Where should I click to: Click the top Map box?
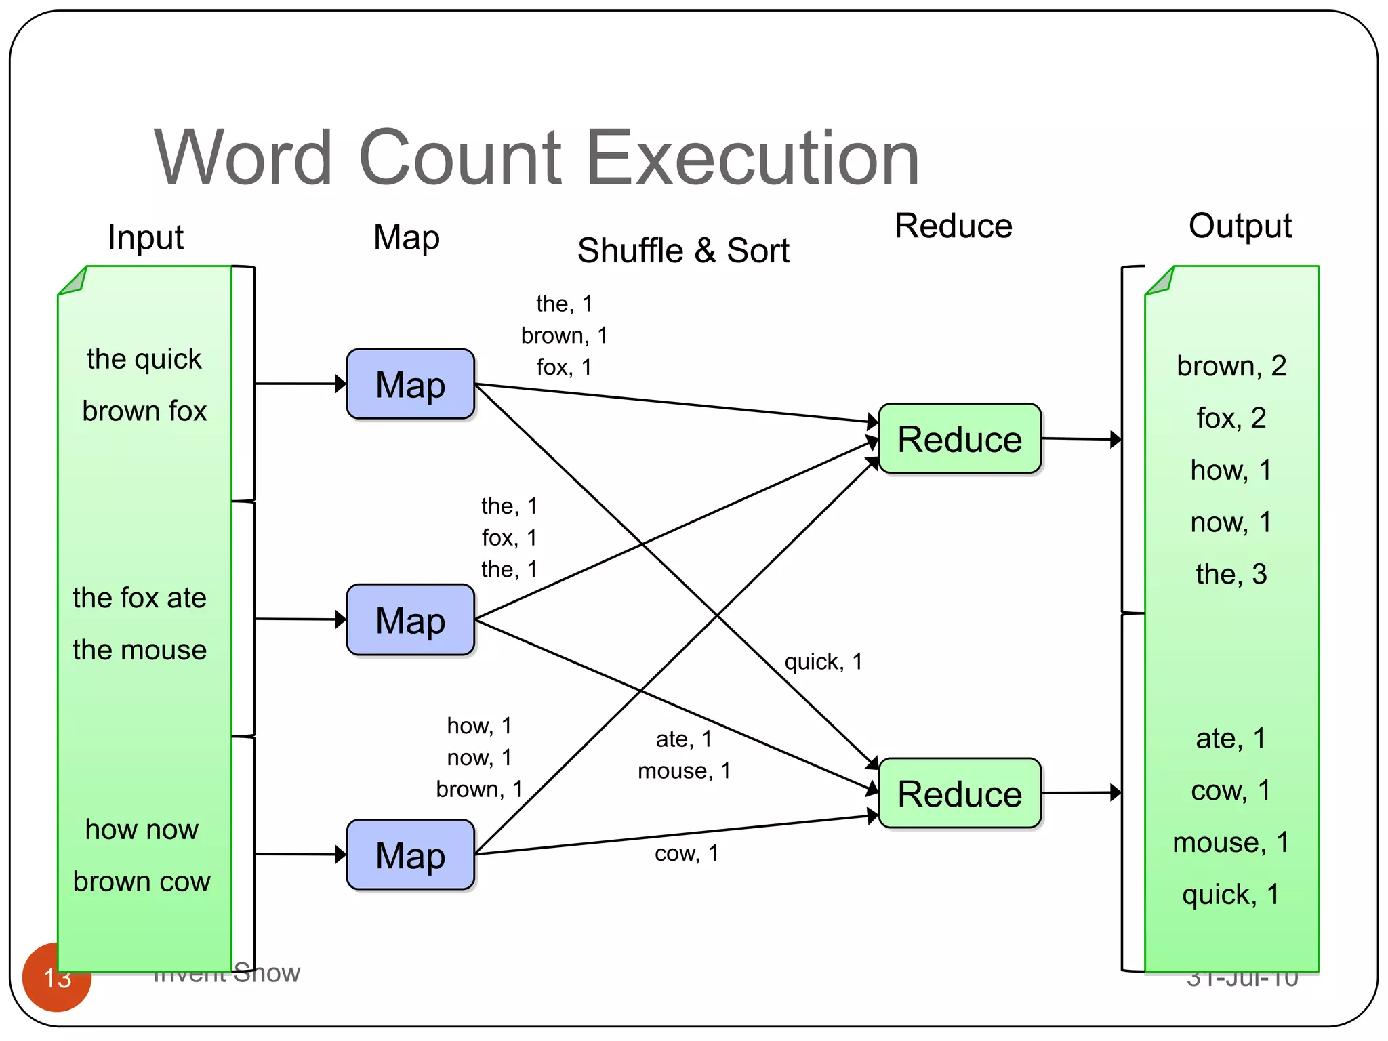410,384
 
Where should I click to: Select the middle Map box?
410,619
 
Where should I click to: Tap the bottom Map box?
410,855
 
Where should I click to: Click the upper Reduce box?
959,438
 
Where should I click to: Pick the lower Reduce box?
959,793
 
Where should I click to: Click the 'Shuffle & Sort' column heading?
682,251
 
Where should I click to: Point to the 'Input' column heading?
145,237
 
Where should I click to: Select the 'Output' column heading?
1240,226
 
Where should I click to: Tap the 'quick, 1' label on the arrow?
823,661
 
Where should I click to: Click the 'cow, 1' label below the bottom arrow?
686,853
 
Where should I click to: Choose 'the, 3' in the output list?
1231,574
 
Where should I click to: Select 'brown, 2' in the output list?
1231,366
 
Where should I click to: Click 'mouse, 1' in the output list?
1231,842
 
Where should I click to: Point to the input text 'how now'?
142,830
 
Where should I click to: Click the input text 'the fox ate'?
140,598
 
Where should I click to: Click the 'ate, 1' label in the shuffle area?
683,739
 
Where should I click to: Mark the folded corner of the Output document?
1160,282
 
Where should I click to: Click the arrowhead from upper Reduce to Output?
1116,439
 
